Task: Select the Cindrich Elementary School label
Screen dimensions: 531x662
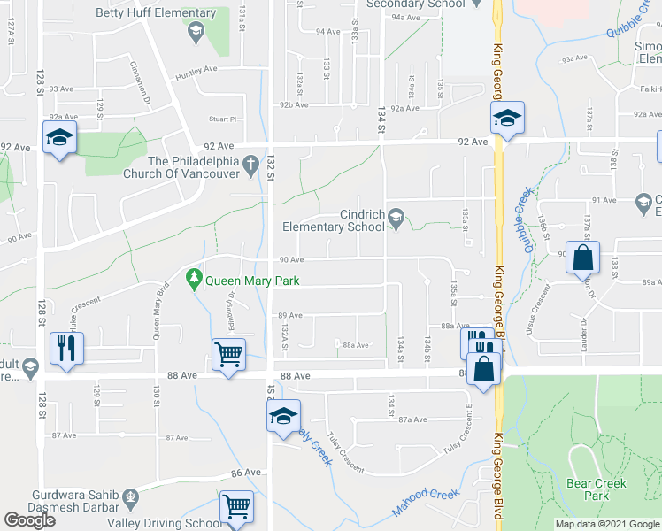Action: click(334, 220)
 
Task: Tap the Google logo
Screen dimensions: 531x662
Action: click(29, 520)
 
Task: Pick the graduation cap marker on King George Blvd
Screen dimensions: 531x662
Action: click(507, 117)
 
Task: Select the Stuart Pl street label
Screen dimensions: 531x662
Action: click(223, 118)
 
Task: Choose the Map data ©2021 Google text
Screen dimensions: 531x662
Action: click(605, 524)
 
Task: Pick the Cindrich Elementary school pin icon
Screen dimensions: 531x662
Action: click(396, 216)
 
